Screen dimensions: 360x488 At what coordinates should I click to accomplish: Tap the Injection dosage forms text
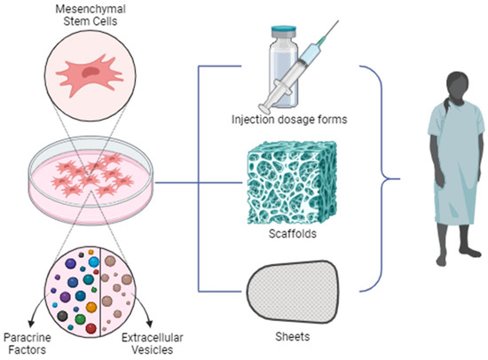click(288, 121)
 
